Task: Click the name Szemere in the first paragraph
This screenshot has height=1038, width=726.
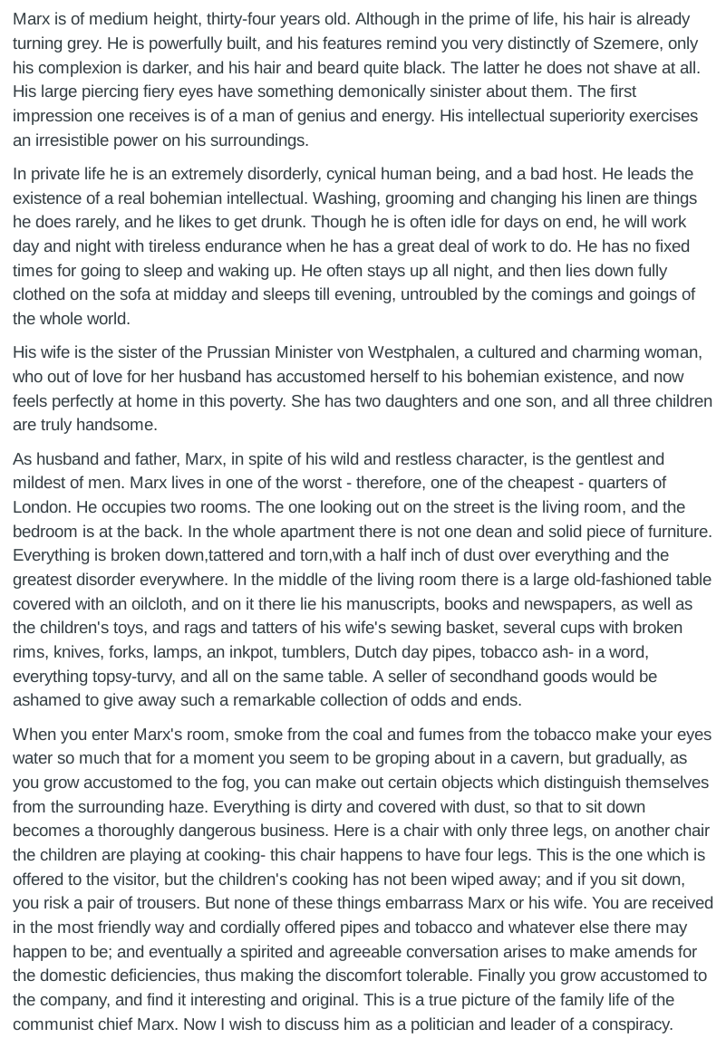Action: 625,43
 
